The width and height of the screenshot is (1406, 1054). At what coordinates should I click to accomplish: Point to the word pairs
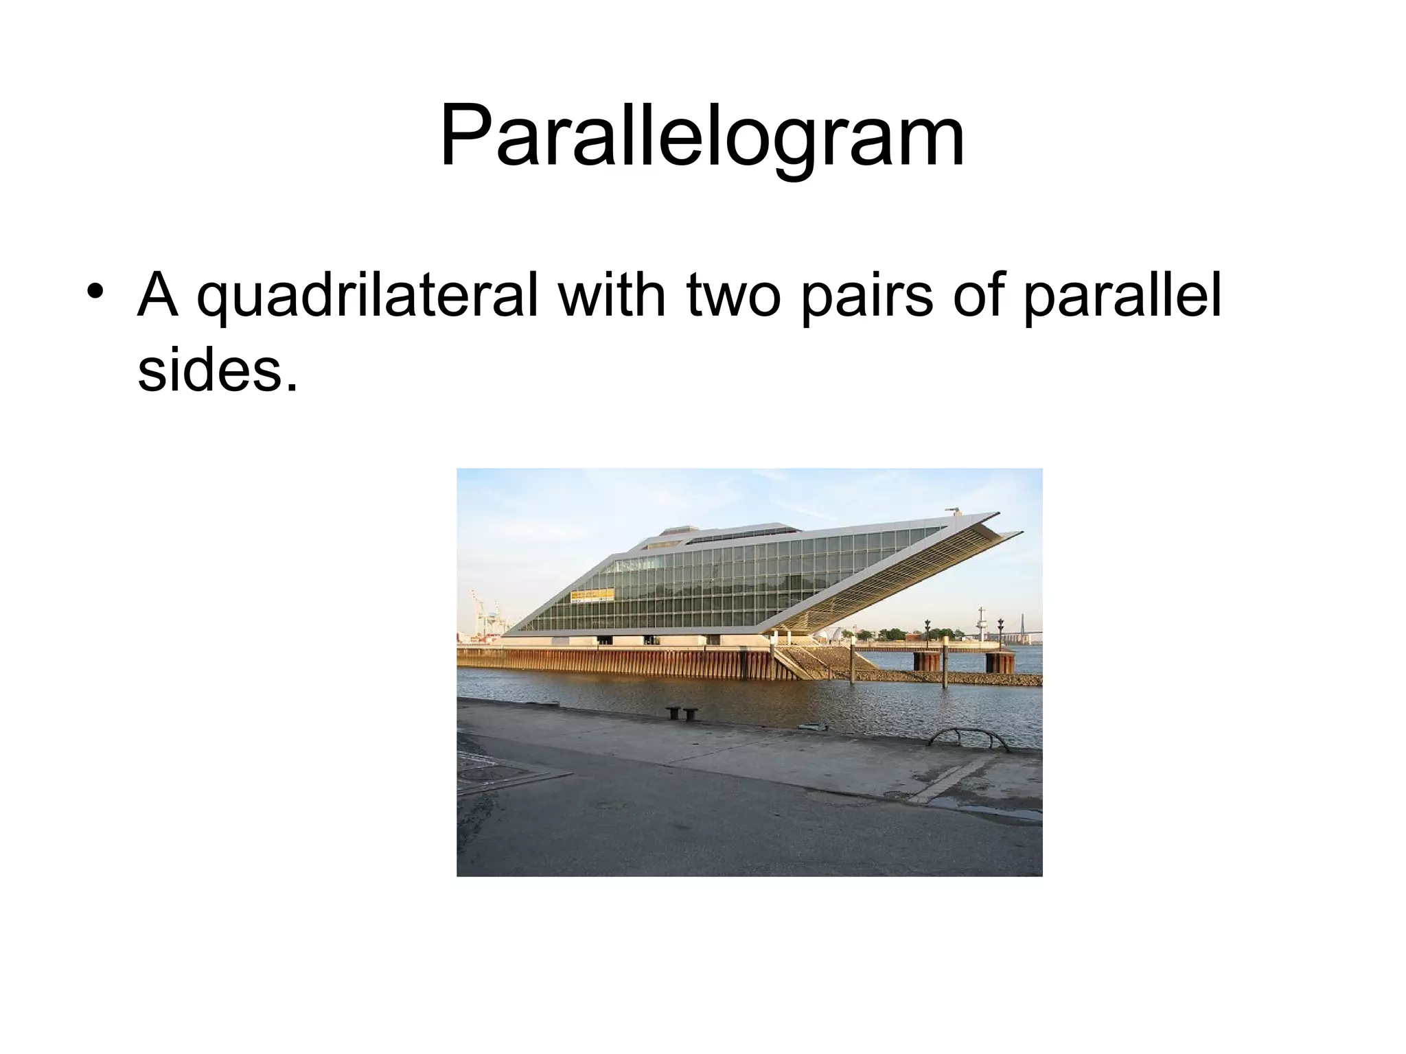coord(866,297)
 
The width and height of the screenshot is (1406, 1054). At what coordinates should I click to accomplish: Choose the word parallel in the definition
coord(1122,297)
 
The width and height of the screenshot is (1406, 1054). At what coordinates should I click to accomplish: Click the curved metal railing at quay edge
coord(968,739)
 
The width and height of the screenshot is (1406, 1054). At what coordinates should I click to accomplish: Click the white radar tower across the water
coord(982,622)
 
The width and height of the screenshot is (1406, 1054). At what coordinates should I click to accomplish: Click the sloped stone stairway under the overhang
coord(796,663)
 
